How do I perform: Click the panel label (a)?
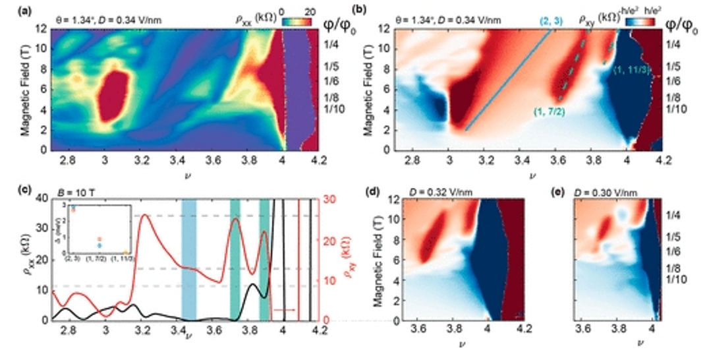pyautogui.click(x=9, y=9)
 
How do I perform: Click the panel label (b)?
pyautogui.click(x=360, y=9)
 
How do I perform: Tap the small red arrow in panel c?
pyautogui.click(x=285, y=309)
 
